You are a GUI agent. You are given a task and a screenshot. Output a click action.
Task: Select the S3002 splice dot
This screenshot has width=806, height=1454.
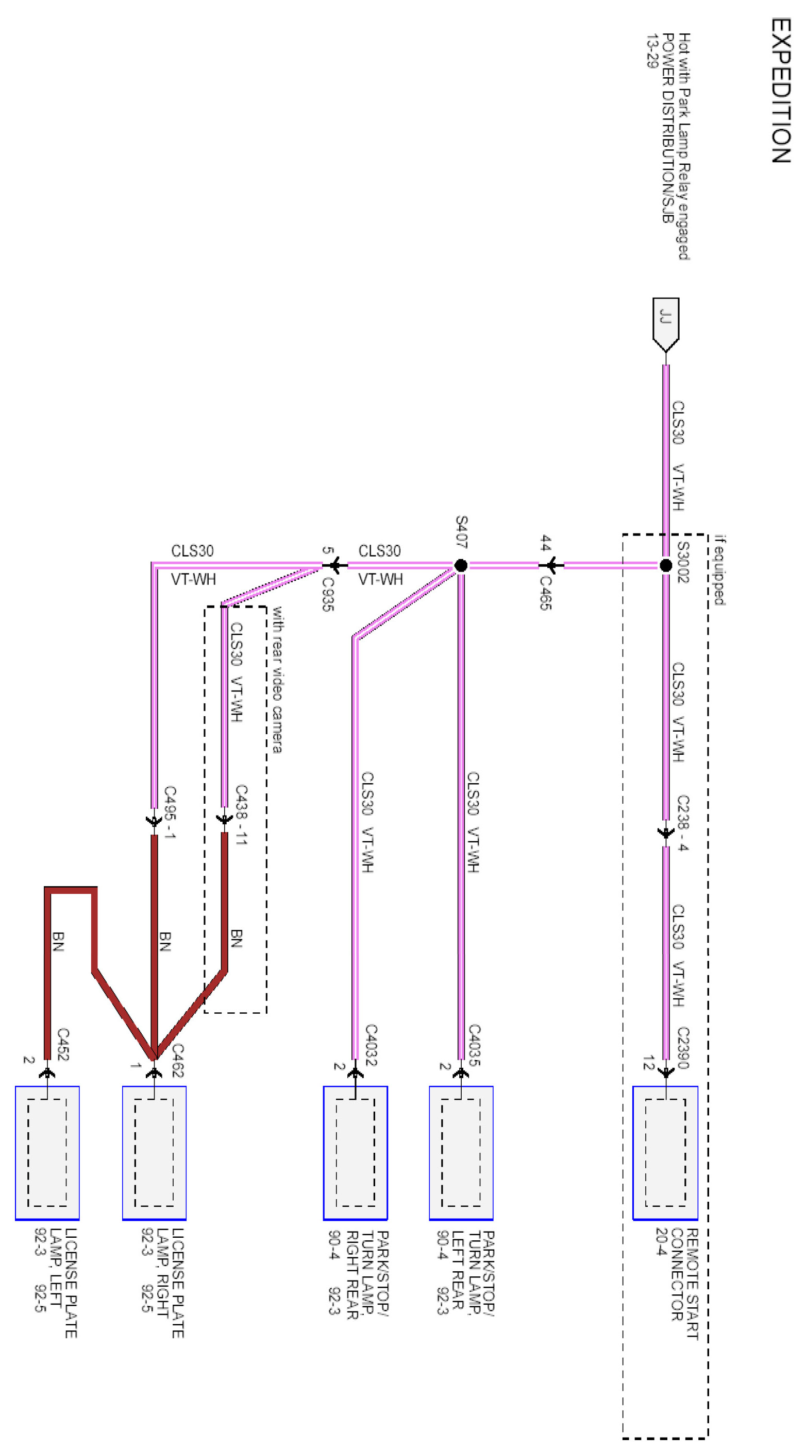point(666,564)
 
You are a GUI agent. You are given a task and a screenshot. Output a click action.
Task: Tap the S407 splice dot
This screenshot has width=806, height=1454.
point(460,564)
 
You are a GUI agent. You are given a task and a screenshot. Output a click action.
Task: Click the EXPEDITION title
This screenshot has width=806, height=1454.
point(781,90)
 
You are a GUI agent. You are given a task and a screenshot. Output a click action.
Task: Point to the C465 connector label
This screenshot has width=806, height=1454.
point(545,593)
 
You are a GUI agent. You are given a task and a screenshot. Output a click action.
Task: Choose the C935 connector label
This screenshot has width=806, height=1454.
point(328,594)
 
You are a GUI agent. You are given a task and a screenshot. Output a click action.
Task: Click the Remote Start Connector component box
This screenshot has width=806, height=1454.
point(665,1152)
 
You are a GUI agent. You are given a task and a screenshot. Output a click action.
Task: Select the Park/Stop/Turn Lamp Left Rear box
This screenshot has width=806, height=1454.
point(461,1152)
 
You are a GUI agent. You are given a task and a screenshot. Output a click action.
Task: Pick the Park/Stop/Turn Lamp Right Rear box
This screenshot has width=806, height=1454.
point(355,1152)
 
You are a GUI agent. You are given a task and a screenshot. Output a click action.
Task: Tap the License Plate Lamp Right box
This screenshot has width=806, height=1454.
point(154,1152)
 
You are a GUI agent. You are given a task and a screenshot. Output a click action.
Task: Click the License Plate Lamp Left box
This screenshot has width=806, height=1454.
point(47,1152)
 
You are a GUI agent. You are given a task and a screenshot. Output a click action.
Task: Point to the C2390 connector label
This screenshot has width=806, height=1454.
point(683,1048)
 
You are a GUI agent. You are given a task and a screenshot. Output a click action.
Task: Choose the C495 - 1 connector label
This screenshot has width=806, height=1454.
point(170,812)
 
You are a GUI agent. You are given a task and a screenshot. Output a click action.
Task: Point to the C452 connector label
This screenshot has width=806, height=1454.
point(63,1044)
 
